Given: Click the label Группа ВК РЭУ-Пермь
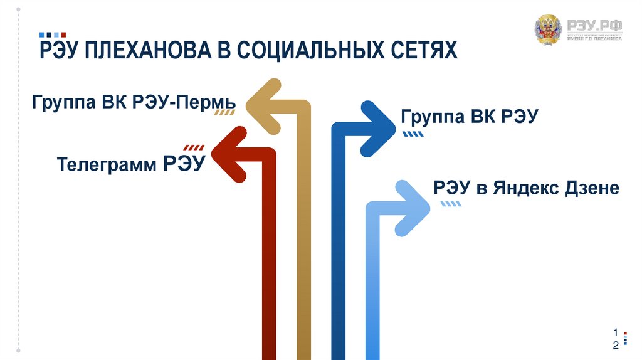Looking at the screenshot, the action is (134, 102).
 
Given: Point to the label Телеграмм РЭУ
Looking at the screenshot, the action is (131, 164).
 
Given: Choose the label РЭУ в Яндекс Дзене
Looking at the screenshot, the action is (526, 188).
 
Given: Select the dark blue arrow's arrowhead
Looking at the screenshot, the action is (376, 128).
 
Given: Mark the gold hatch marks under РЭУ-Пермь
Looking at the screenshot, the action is (225, 113).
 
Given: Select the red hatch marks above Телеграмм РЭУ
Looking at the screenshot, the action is (195, 147).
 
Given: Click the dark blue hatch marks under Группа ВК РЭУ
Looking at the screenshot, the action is (412, 134).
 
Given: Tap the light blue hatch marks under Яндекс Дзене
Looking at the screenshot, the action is (451, 204).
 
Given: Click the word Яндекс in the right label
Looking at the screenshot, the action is (523, 188).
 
